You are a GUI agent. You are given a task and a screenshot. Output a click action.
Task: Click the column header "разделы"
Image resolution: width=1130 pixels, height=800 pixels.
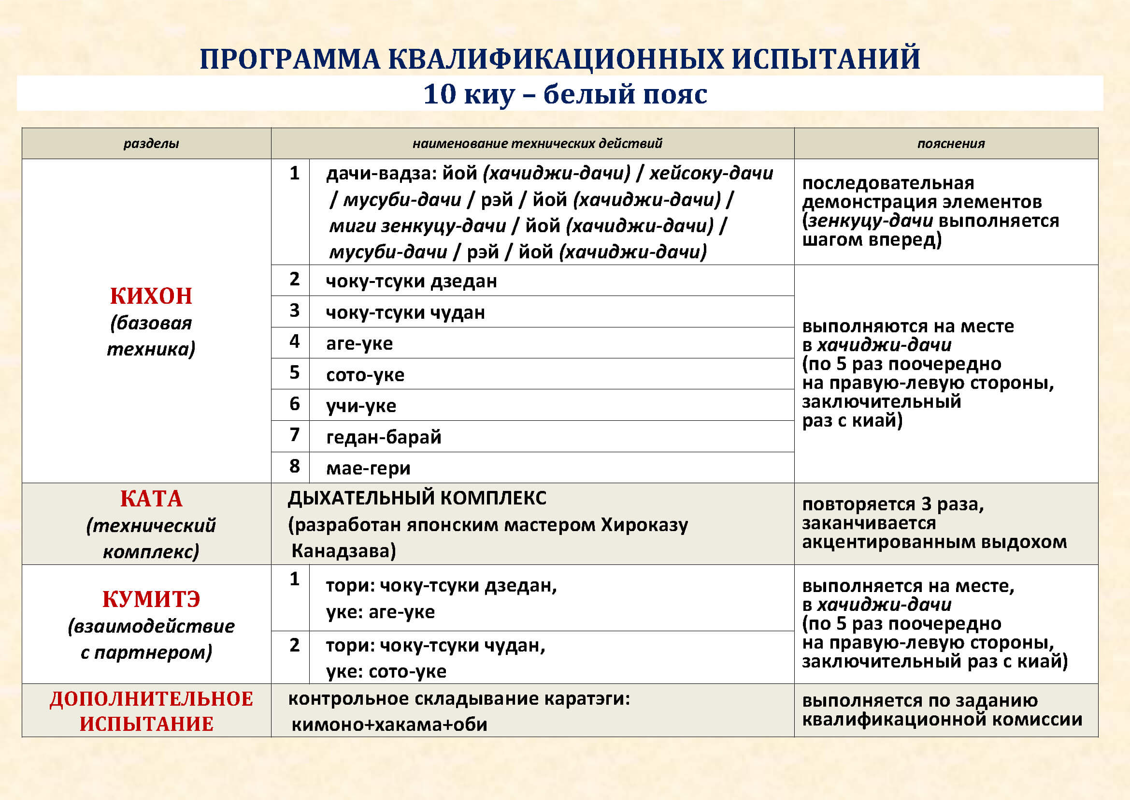[151, 143]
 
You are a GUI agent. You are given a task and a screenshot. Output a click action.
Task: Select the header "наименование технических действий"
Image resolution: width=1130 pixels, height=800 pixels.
[537, 143]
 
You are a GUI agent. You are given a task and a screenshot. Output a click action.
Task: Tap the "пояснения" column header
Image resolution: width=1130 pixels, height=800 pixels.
[951, 143]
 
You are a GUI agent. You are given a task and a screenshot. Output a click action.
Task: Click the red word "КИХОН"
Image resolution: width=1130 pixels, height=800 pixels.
[151, 296]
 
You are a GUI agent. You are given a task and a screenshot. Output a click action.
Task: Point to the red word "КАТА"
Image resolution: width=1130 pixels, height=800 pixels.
[151, 499]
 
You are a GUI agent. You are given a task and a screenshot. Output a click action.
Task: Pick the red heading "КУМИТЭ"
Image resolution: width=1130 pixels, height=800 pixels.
[151, 599]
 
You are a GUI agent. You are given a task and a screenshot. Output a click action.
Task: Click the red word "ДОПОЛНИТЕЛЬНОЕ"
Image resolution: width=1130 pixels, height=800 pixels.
[151, 699]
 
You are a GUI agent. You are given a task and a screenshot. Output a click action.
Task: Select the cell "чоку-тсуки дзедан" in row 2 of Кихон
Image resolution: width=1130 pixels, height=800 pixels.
[411, 281]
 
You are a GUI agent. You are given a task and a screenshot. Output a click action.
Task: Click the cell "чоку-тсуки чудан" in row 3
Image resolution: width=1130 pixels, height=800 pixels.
[405, 312]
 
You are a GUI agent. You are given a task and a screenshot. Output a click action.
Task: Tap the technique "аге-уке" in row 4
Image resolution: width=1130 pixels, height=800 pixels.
[359, 343]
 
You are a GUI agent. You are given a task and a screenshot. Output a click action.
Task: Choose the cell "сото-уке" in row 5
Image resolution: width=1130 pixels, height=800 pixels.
[365, 375]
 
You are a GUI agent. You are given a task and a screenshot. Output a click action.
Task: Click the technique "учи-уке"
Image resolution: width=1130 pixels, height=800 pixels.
[361, 406]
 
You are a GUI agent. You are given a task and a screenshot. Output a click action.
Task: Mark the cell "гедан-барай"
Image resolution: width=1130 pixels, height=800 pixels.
[384, 437]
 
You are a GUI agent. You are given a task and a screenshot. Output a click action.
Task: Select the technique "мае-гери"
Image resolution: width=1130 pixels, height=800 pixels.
[368, 468]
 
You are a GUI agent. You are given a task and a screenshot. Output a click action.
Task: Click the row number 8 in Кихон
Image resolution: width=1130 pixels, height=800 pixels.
[294, 466]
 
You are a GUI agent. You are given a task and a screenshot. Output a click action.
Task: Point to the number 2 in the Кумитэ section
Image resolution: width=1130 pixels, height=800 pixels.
[294, 645]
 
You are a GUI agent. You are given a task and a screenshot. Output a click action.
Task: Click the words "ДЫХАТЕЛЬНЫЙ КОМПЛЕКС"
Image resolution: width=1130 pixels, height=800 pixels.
[417, 498]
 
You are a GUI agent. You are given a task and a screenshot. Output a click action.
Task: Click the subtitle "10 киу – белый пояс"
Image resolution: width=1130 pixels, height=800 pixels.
[565, 94]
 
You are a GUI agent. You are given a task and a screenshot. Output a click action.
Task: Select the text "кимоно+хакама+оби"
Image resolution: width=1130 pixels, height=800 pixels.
[389, 725]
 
